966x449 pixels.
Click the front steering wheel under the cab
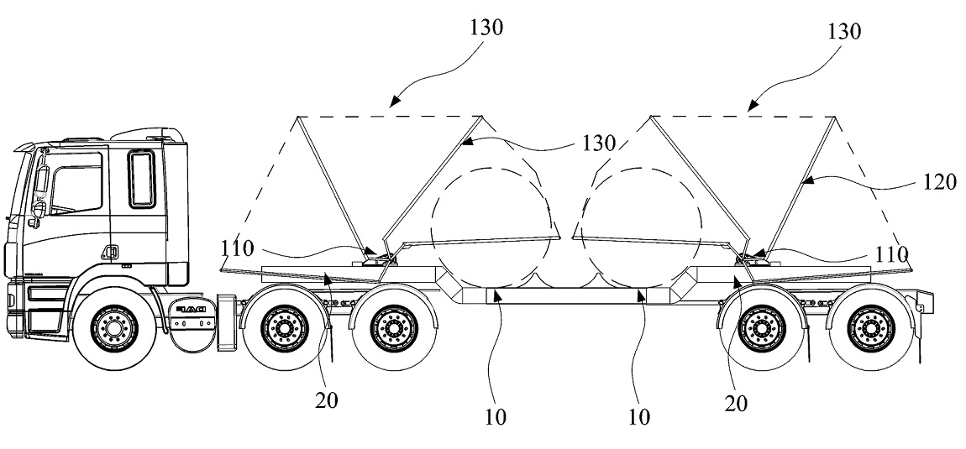pos(114,329)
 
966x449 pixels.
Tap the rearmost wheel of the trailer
pos(872,329)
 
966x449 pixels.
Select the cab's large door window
pos(76,183)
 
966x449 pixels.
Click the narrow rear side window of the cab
pos(142,179)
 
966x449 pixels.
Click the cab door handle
pos(111,251)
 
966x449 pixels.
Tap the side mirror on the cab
pos(41,180)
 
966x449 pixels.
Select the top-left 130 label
pos(486,28)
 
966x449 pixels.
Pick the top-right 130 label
pos(843,31)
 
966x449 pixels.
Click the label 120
pos(940,181)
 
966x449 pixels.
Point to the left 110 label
pos(237,248)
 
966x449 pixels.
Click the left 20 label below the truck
pos(327,400)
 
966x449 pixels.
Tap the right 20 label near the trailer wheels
pos(736,404)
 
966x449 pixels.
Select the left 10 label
pos(495,417)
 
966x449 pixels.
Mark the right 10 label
pos(639,417)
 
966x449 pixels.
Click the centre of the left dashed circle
pos(491,227)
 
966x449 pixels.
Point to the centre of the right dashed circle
pos(641,227)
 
